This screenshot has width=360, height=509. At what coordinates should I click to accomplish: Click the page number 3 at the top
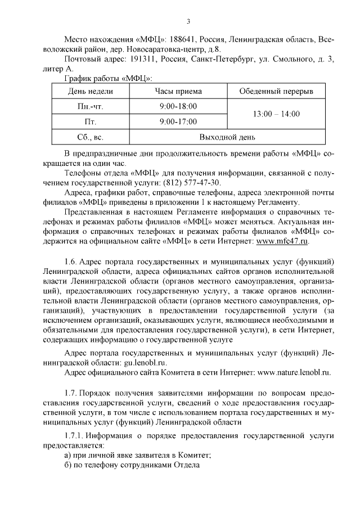[x=188, y=21]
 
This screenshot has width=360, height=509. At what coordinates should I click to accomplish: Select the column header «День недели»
[x=91, y=91]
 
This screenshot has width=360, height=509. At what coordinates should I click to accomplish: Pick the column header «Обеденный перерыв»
[x=276, y=91]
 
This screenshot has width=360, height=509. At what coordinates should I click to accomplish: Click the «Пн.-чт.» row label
[x=91, y=106]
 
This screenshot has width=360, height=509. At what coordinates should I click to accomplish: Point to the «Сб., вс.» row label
[x=91, y=137]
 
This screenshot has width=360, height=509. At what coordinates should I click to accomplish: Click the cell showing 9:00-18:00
[x=178, y=106]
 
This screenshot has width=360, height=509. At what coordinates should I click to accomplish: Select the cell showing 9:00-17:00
[x=178, y=121]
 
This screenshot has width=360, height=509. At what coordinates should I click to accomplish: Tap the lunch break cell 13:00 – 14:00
[x=276, y=114]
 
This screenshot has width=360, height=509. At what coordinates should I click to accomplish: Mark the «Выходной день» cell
[x=227, y=137]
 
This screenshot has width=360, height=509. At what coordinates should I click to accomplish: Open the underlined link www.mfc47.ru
[x=282, y=241]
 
